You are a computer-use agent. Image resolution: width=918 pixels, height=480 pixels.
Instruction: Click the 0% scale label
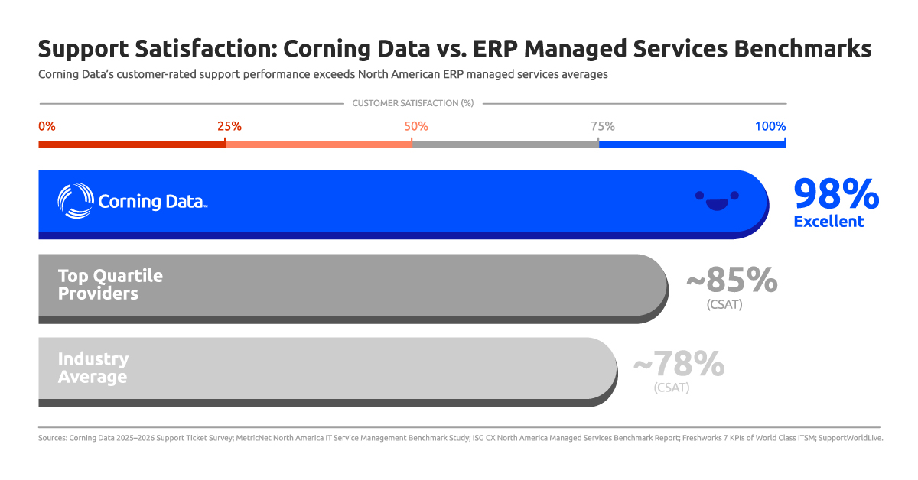(47, 126)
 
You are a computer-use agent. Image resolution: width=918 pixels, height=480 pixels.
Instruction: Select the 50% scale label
(416, 126)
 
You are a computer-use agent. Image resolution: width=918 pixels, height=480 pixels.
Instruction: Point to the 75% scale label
(602, 126)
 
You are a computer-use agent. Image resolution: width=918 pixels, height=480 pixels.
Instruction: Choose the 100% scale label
(770, 126)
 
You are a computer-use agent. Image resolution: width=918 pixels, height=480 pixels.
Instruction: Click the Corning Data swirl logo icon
(76, 202)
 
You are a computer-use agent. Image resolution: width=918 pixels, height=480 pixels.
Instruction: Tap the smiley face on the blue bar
(717, 200)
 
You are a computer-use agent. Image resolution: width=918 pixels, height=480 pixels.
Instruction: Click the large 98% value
(836, 194)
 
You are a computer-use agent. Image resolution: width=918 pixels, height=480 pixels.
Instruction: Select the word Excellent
(828, 222)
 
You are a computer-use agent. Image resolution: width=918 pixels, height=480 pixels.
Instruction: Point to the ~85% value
(731, 281)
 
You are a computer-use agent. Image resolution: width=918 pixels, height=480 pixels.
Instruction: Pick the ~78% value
(679, 365)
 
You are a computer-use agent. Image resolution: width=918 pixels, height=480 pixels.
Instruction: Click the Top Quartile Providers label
(110, 284)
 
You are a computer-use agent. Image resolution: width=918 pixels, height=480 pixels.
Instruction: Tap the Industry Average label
(93, 368)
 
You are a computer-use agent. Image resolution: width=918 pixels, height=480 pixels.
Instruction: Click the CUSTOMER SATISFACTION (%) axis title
(413, 103)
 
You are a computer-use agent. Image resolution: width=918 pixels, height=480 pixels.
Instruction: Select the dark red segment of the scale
(132, 144)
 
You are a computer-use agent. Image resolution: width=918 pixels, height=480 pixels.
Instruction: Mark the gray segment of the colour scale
(505, 144)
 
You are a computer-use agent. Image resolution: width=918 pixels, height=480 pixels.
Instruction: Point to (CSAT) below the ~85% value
(724, 304)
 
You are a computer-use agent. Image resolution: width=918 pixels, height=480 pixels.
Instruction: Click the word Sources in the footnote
(52, 439)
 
